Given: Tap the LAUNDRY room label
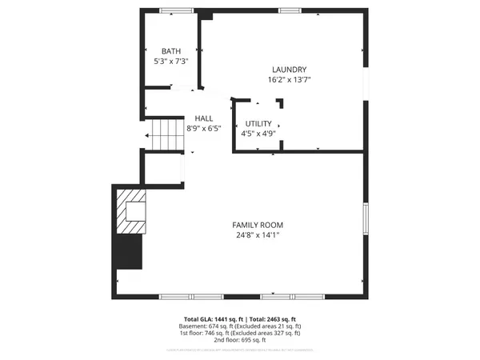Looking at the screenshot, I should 289,70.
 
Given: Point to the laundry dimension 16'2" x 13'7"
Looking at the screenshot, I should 289,80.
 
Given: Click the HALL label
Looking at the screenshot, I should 203,118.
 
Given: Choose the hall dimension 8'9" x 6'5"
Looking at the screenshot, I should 203,128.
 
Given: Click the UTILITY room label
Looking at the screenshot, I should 258,123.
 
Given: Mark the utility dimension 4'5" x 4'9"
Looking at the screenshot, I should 258,134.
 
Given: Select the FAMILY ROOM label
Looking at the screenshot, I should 258,225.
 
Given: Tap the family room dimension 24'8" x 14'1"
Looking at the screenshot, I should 258,235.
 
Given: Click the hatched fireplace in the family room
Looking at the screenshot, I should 130,209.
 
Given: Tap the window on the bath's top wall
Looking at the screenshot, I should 177,10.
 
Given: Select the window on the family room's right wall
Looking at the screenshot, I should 366,218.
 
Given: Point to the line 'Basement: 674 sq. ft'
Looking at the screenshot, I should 213,326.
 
